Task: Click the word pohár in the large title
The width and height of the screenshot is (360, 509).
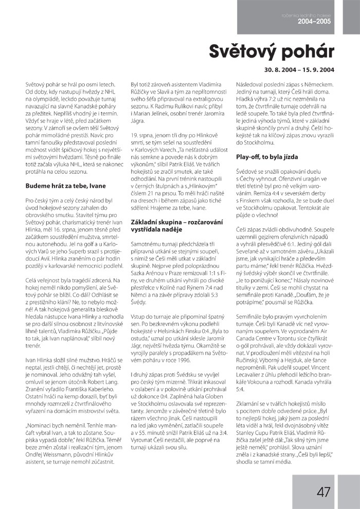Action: tap(304, 51)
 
